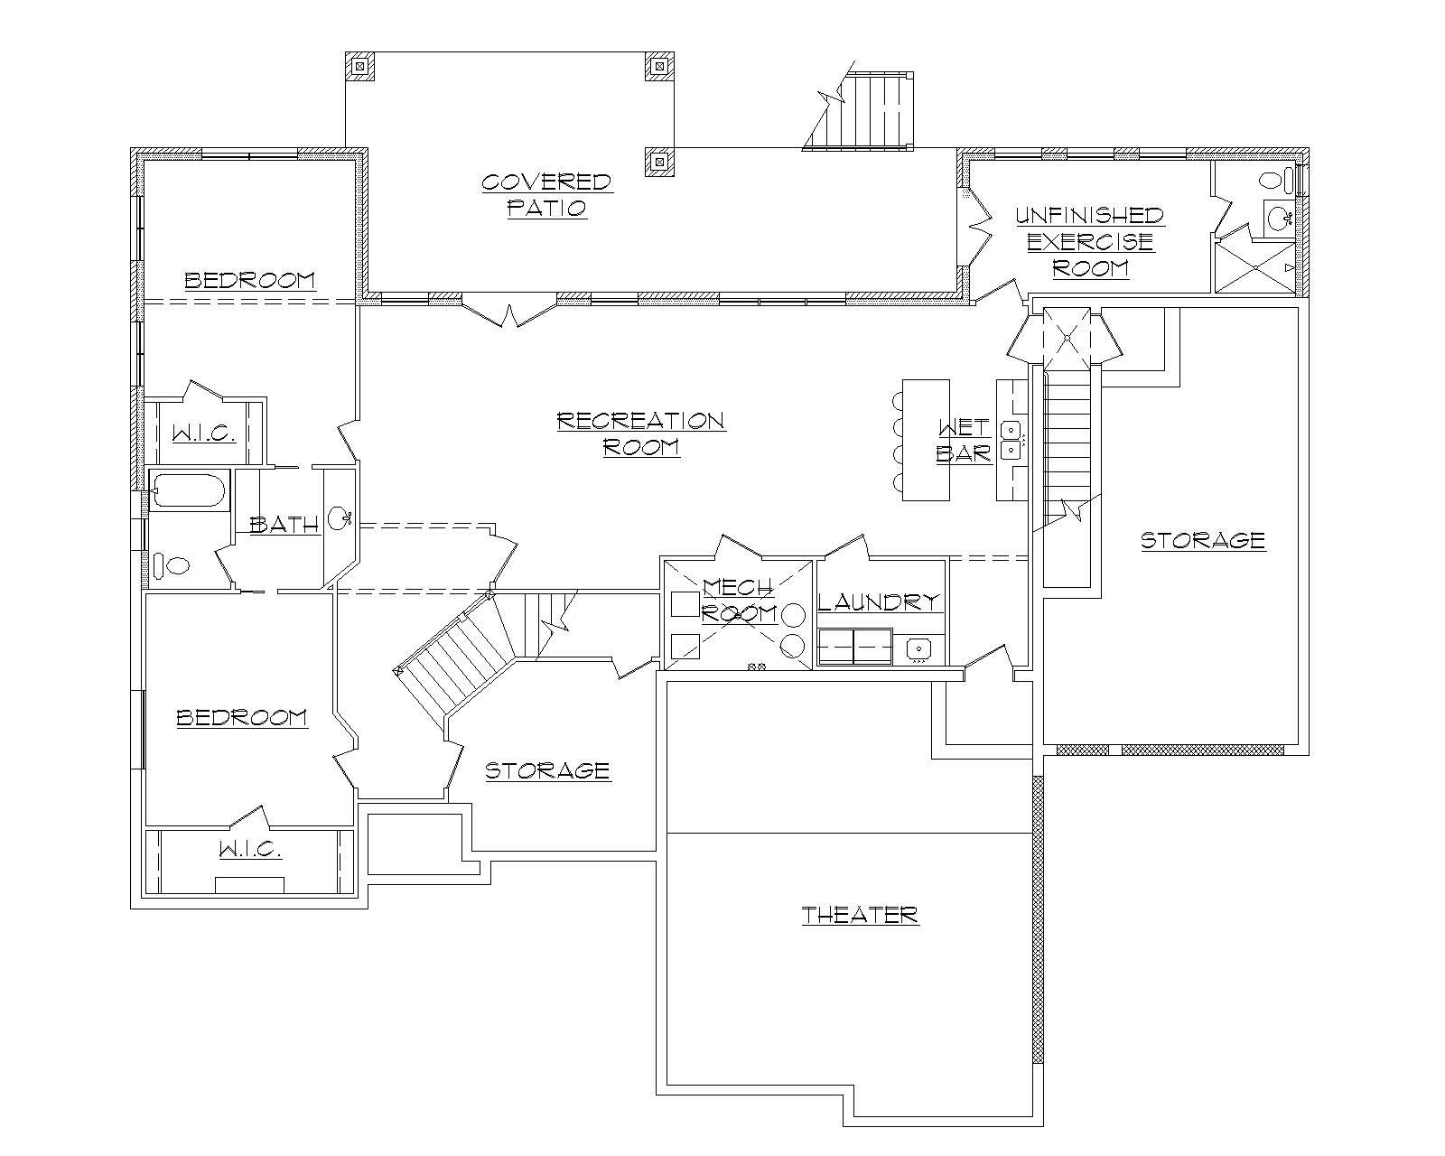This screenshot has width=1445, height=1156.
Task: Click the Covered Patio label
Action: [x=546, y=195]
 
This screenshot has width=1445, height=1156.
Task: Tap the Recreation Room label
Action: [x=640, y=433]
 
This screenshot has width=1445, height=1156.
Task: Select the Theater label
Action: [x=860, y=915]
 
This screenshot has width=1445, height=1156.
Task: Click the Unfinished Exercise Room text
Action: [x=1090, y=241]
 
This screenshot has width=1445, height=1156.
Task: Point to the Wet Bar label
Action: [x=964, y=440]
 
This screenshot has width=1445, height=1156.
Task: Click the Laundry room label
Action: [x=879, y=602]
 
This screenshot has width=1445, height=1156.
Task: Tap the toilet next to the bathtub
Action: [x=172, y=566]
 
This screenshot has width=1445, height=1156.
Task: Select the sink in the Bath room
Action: [x=339, y=519]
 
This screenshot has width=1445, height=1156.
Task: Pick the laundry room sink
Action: [x=918, y=648]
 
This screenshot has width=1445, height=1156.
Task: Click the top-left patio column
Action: [x=360, y=66]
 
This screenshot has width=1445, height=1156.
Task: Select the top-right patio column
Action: [x=659, y=66]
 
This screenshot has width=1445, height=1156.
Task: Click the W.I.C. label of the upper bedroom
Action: [x=204, y=433]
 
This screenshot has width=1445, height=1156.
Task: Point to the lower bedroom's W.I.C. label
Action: [x=250, y=850]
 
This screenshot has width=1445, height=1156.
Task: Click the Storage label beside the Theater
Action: [x=547, y=770]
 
